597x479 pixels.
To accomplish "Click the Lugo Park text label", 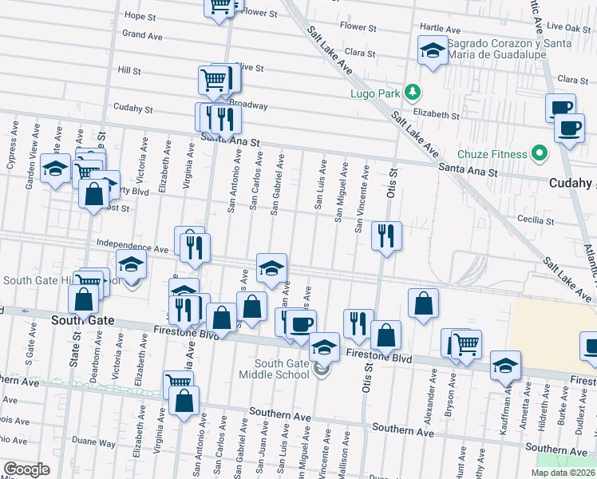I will tap(374, 93).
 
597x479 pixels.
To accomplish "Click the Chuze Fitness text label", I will tap(492, 154).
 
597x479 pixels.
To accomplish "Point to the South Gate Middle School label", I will tap(275, 370).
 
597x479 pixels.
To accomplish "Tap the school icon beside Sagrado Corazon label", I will tap(433, 51).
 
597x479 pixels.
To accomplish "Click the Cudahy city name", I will tap(572, 184).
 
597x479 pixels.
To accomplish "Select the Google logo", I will tap(26, 470).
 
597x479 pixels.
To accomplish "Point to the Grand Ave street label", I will tap(142, 34).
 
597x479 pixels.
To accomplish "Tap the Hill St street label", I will tap(129, 71).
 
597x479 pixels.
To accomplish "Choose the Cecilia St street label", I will tap(536, 220).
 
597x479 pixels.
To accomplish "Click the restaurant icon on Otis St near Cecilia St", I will tap(386, 235).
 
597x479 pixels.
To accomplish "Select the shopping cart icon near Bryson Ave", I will tap(465, 343).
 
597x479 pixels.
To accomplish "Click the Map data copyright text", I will tap(563, 473).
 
